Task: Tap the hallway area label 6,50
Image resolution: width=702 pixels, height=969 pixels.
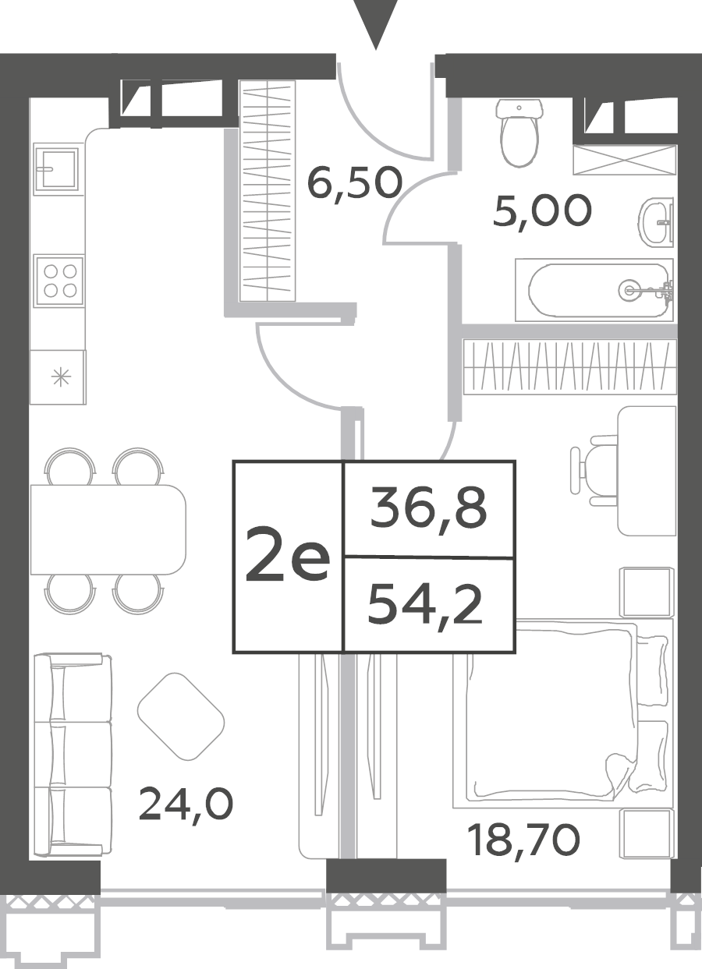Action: pos(354,183)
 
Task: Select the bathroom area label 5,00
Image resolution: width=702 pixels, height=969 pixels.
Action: pos(542,210)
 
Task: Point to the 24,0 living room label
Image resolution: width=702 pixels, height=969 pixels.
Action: pos(186,804)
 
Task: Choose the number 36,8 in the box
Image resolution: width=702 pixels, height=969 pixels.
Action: pos(428,509)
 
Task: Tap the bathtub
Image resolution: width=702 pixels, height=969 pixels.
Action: pos(594,290)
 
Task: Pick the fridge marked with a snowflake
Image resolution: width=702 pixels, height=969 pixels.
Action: pos(58,377)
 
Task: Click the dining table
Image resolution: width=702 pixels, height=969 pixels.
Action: pos(108,529)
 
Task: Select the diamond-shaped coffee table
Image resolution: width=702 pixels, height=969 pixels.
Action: pos(181,722)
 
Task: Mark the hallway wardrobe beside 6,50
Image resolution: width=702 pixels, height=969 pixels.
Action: pos(267,191)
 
